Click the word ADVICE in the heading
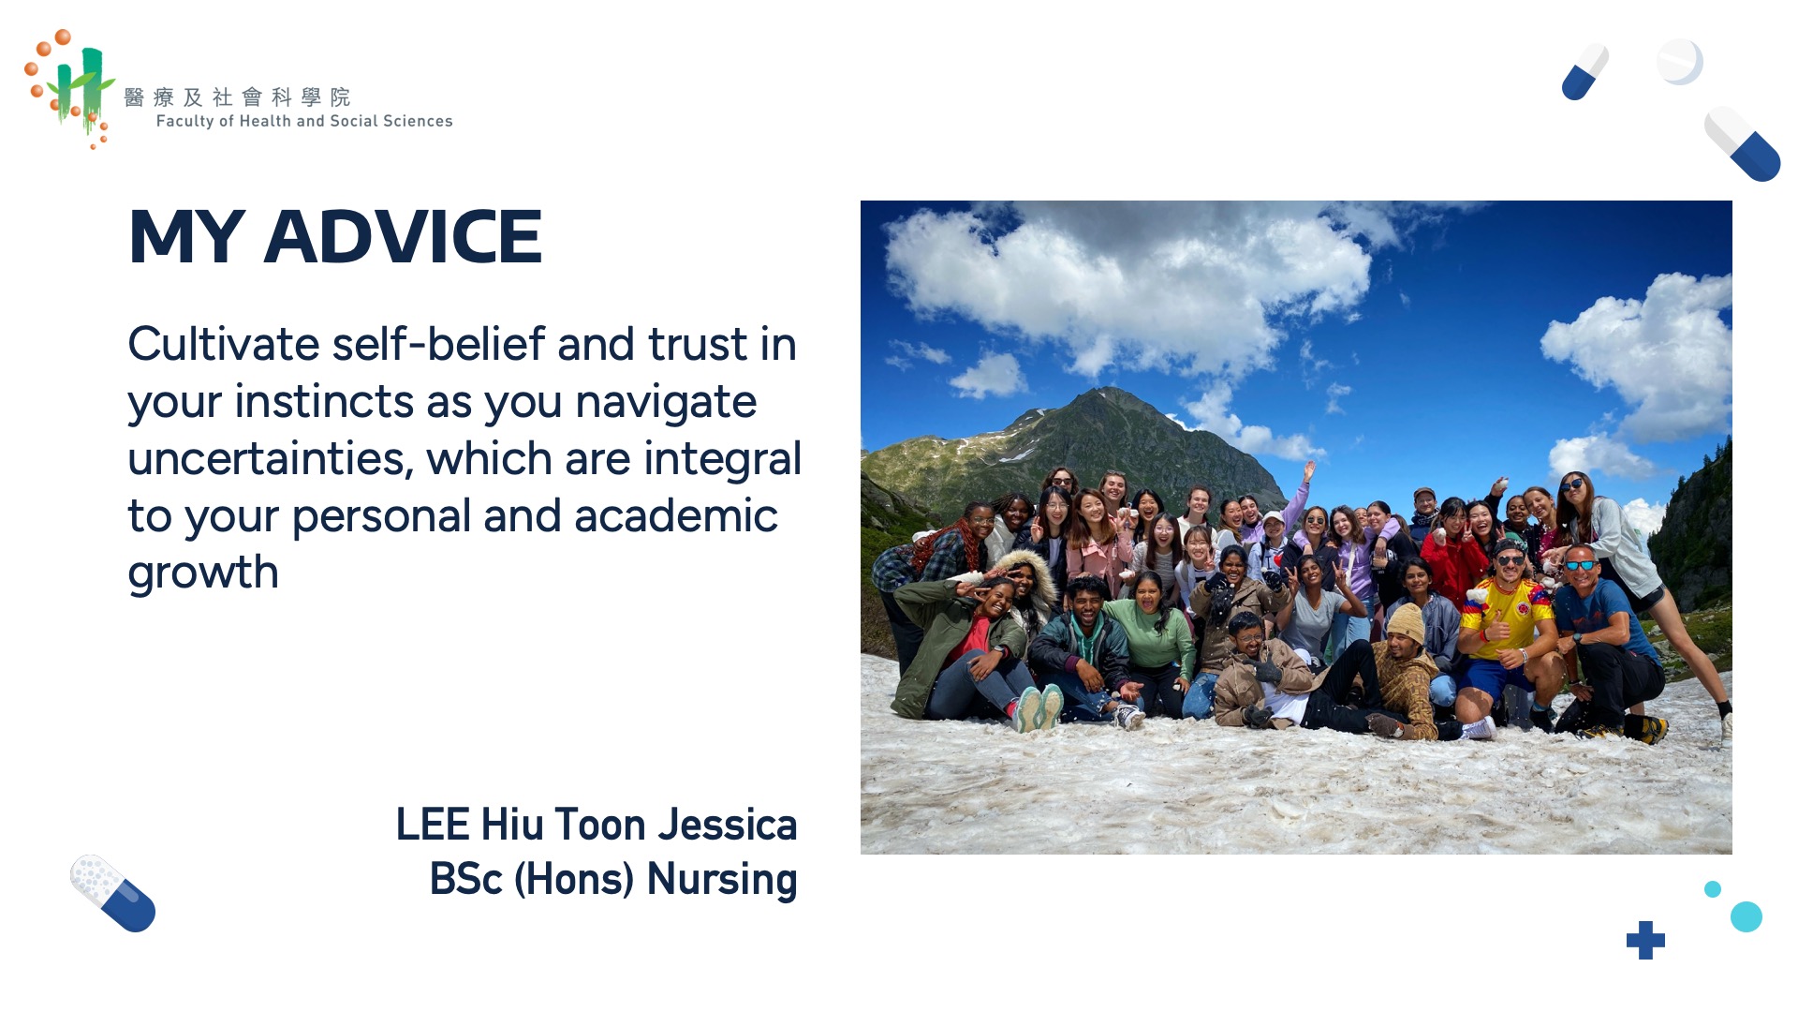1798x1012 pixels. (x=403, y=237)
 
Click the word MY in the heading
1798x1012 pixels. (x=186, y=237)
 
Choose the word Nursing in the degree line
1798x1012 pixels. (x=722, y=880)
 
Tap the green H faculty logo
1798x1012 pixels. (x=72, y=89)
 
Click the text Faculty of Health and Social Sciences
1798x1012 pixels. (x=304, y=121)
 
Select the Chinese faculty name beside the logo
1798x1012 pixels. (x=237, y=97)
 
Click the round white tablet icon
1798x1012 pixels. (x=1679, y=62)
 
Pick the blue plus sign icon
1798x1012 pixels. (x=1645, y=940)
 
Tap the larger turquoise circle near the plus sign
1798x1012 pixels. (x=1746, y=916)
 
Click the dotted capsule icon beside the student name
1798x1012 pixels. (x=113, y=893)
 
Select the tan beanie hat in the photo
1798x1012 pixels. (x=1406, y=622)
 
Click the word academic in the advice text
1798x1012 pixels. (x=675, y=516)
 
